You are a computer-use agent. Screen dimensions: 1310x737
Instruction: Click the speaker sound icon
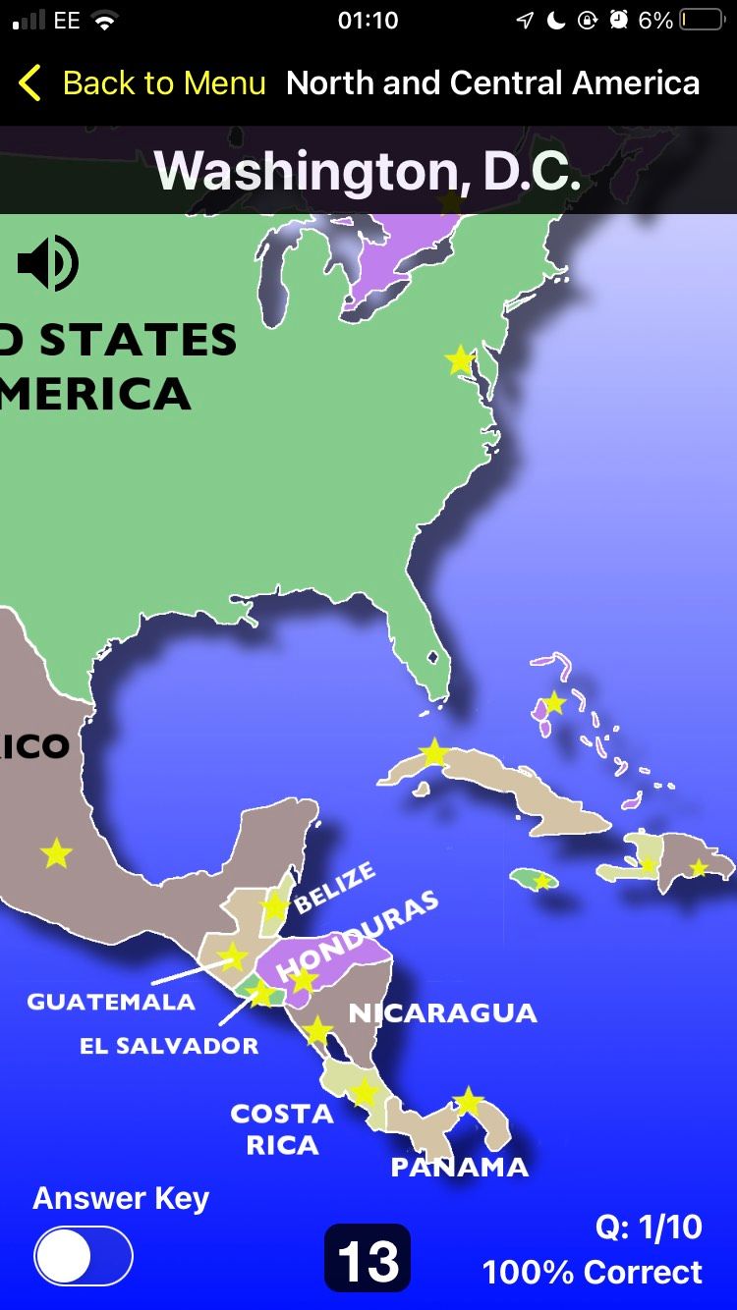tap(47, 263)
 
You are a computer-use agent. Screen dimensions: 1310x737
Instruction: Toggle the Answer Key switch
tap(84, 1256)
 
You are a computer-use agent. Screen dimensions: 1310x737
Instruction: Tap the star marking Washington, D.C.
tap(460, 359)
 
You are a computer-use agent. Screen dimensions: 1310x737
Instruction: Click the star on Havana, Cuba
tap(433, 753)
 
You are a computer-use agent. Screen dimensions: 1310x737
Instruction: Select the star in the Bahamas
tap(554, 702)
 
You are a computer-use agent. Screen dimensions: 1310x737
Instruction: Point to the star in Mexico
tap(57, 853)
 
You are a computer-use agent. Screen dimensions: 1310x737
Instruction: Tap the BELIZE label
tap(335, 886)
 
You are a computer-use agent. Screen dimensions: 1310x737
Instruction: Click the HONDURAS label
tap(357, 937)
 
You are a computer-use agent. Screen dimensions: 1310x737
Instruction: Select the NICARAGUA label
tap(442, 1012)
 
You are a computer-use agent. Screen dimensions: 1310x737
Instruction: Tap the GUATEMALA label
tap(111, 1002)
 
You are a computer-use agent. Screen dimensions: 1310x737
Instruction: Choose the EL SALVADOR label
tap(169, 1045)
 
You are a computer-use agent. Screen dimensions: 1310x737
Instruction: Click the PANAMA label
tap(459, 1167)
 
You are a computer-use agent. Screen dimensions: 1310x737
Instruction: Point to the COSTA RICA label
tap(282, 1129)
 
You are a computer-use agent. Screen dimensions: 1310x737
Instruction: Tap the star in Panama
tap(469, 1101)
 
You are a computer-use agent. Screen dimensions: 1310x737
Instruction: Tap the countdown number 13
tap(368, 1259)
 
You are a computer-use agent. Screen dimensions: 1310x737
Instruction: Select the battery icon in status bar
tap(701, 21)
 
